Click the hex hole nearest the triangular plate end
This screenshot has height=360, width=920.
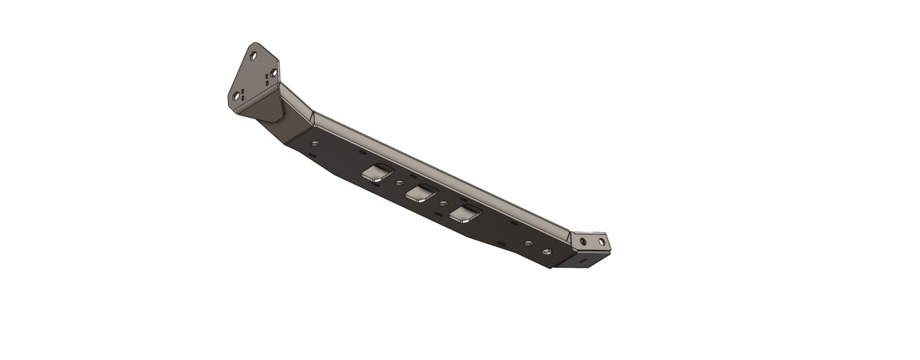tap(315, 143)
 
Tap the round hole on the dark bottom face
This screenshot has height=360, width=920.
tap(546, 252)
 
